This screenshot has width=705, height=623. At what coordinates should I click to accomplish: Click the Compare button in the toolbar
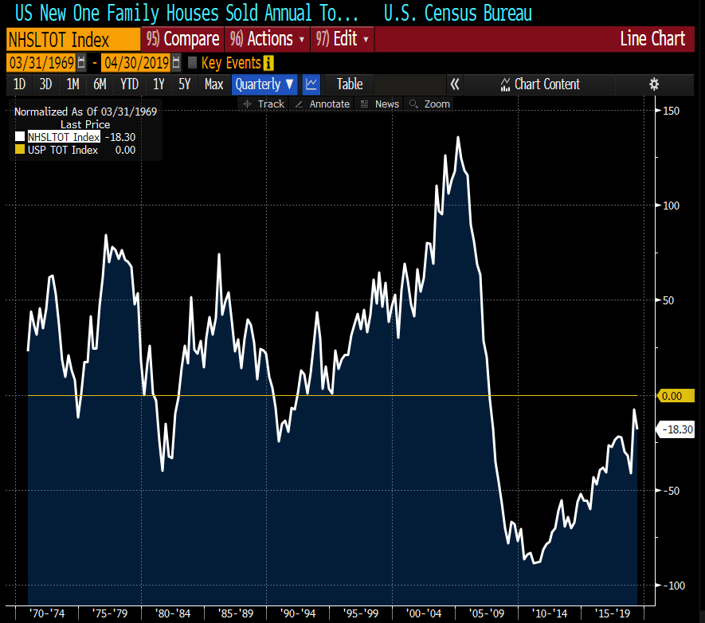tap(183, 39)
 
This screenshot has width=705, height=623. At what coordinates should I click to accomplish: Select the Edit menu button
tap(343, 39)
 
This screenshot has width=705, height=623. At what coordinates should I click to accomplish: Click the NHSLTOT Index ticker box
tap(72, 39)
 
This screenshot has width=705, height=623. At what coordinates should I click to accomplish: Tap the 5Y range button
tap(185, 84)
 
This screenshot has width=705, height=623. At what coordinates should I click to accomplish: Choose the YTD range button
tap(129, 84)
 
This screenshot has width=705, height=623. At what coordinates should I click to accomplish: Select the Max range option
tap(213, 84)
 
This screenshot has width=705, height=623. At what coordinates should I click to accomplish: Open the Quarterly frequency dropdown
tap(264, 84)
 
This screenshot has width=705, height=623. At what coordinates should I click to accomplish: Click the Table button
tap(349, 84)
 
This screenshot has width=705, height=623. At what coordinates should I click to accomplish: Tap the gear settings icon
tap(654, 84)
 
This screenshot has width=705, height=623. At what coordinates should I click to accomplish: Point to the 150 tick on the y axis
tap(671, 111)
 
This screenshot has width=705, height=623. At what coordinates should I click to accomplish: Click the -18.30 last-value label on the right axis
tap(679, 429)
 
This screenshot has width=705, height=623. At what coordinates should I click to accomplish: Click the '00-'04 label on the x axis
tap(424, 613)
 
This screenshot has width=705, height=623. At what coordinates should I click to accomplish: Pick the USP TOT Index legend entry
tap(62, 150)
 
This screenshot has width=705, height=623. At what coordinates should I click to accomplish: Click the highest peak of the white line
tap(458, 137)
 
